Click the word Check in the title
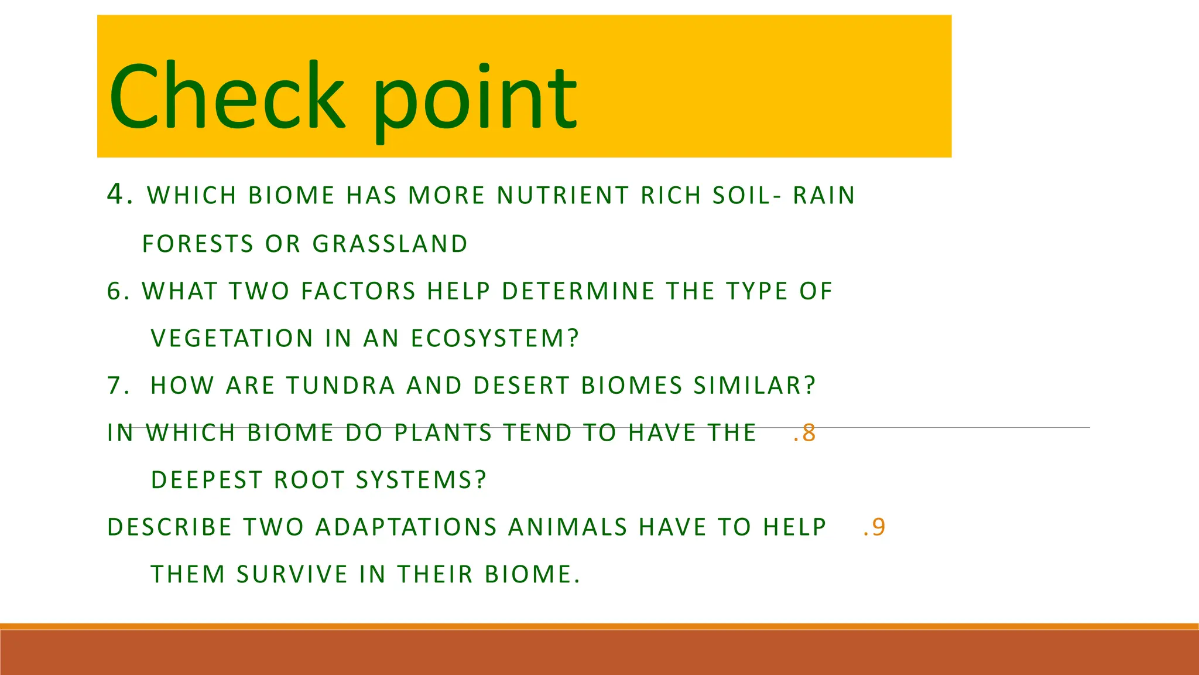tap(227, 97)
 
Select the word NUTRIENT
tap(563, 196)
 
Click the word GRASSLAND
tap(390, 244)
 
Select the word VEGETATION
tap(232, 339)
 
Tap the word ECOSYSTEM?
tap(495, 339)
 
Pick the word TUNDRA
tap(341, 386)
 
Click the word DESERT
tap(521, 386)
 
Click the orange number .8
tap(804, 433)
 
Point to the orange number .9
tap(874, 527)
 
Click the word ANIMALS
tap(567, 527)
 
